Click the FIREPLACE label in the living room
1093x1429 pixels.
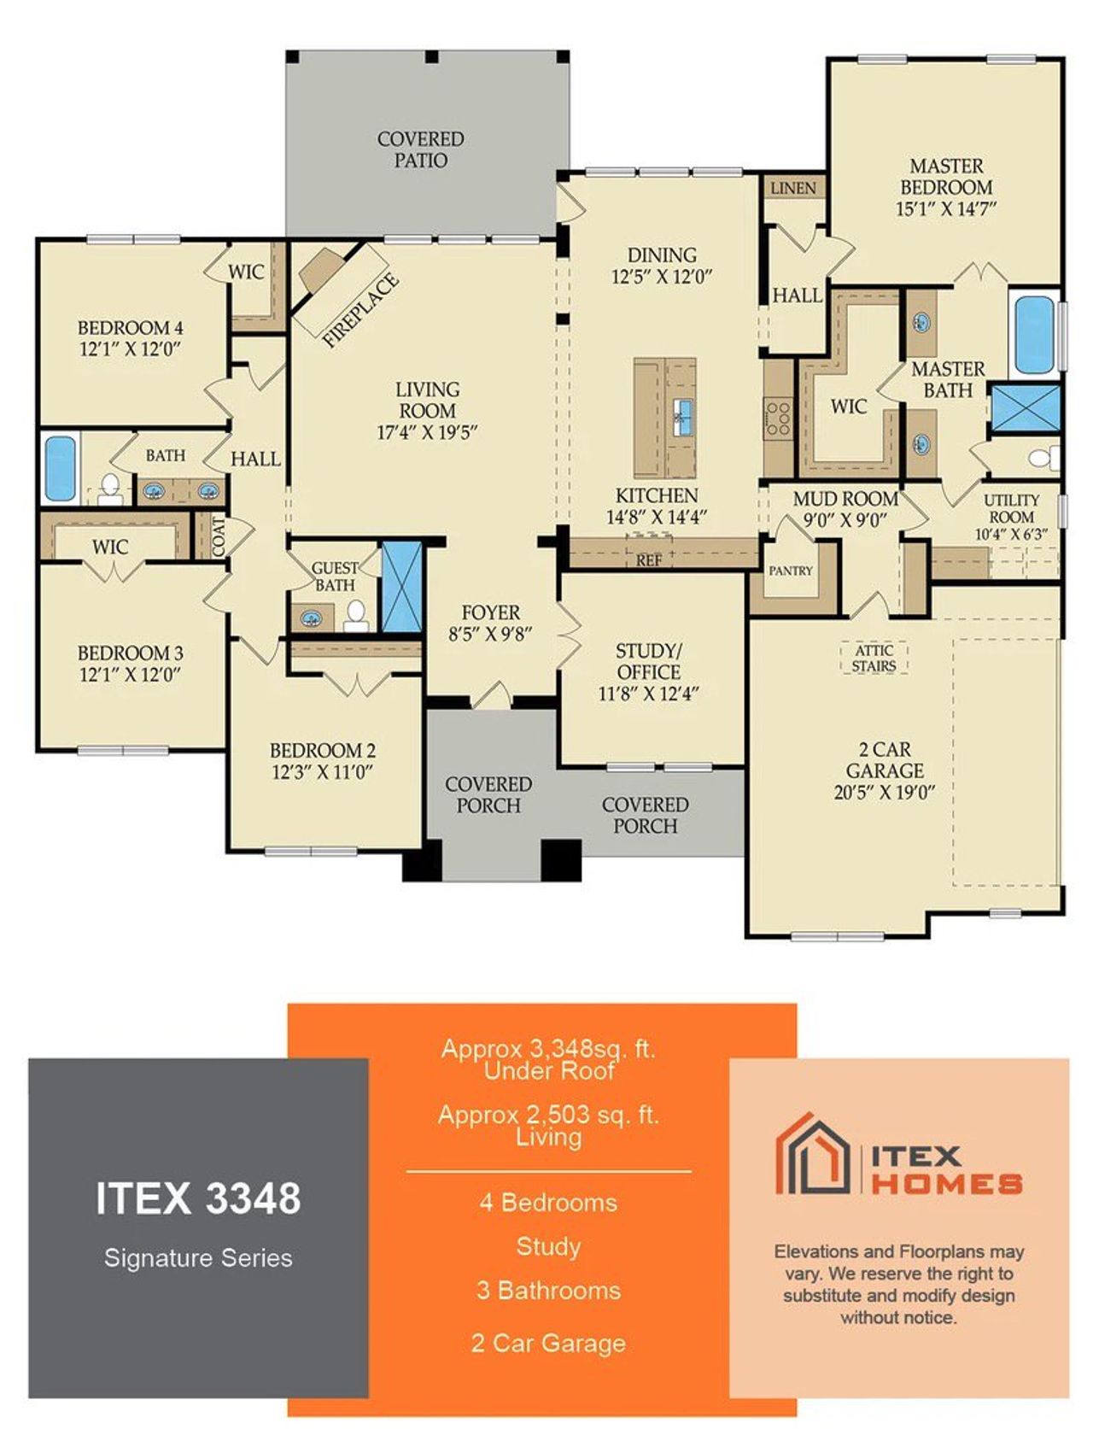(x=359, y=310)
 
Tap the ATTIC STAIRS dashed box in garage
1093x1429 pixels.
(x=874, y=658)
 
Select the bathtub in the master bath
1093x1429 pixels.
(x=1034, y=334)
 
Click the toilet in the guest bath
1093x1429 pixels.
(x=356, y=614)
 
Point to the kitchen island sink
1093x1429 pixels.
(x=681, y=417)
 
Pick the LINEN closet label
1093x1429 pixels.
(x=792, y=188)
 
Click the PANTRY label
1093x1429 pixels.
(x=790, y=571)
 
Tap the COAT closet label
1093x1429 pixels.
(x=219, y=536)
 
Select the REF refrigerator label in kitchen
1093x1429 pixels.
(x=649, y=560)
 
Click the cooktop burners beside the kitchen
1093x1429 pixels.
(x=778, y=419)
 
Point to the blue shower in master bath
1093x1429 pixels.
(x=1025, y=408)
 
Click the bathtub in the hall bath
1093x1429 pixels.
(x=60, y=468)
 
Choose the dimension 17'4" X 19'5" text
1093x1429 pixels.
(x=427, y=432)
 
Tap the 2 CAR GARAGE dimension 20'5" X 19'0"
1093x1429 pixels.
(x=884, y=793)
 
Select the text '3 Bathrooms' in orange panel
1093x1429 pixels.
(x=548, y=1290)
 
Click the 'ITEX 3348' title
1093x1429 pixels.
(x=198, y=1198)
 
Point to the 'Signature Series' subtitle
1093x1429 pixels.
(x=198, y=1257)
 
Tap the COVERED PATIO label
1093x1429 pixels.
(x=420, y=149)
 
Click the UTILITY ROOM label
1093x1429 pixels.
(x=1011, y=508)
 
